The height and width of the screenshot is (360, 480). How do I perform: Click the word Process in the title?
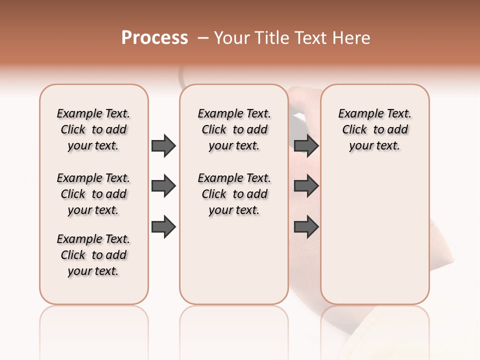[154, 38]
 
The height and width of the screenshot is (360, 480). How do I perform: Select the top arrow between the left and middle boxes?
[163, 145]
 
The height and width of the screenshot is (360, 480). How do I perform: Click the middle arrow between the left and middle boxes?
[163, 186]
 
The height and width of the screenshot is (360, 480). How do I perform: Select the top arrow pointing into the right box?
[306, 145]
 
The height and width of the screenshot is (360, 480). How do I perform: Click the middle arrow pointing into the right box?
[306, 186]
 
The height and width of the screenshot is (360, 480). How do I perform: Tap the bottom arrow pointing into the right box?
[306, 226]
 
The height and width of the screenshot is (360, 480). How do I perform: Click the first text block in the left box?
[93, 129]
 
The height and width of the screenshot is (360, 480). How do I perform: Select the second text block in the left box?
[93, 194]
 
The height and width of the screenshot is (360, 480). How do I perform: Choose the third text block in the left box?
[93, 255]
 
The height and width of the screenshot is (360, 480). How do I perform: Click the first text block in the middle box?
[234, 129]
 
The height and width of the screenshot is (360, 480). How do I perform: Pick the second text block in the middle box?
[234, 194]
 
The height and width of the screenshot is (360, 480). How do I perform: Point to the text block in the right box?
[374, 129]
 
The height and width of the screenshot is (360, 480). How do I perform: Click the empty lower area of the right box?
[374, 240]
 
